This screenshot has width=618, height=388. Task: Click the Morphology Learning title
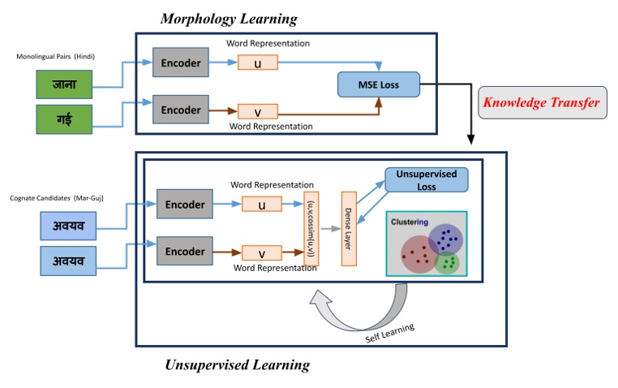228,19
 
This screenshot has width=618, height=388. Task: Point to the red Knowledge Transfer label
542,103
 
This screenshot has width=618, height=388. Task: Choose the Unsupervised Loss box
427,180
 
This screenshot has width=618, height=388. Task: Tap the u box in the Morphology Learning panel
257,62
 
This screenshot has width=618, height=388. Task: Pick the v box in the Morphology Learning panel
257,111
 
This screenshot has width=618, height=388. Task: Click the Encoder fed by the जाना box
180,62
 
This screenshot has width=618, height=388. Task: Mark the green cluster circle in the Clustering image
447,263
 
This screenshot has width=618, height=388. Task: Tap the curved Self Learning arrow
341,317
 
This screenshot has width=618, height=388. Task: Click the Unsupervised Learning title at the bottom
237,365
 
